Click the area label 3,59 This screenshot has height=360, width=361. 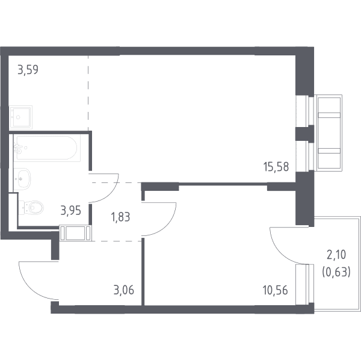(28, 70)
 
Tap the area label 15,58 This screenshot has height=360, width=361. (276, 167)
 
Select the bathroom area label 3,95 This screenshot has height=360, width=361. (70, 211)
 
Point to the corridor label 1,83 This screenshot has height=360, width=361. (120, 217)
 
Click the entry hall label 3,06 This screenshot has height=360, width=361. (123, 290)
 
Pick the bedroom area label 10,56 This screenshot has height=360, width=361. (275, 290)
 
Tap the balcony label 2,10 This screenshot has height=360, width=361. (336, 255)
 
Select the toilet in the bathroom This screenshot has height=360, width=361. (31, 207)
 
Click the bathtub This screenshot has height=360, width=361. (47, 148)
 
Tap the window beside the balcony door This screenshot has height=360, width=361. (304, 284)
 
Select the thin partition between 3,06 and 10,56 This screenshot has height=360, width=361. (143, 272)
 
